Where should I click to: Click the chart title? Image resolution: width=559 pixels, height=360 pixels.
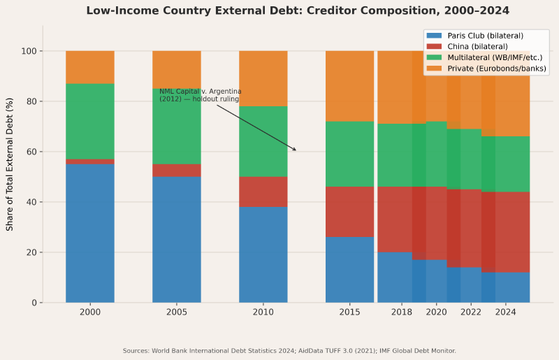(x=298, y=10)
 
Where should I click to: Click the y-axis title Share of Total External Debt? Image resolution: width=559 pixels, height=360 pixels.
(x=10, y=164)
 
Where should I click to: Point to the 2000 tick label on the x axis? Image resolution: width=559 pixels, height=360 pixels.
(x=90, y=312)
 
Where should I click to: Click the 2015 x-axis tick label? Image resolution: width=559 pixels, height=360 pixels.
(x=350, y=312)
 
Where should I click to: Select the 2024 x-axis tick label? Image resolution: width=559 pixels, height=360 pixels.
(x=505, y=312)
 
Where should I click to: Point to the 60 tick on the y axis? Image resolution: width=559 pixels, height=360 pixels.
(x=30, y=152)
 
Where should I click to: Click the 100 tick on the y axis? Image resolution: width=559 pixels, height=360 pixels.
(x=28, y=51)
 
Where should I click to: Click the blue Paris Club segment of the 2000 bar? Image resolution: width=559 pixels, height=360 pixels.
(x=90, y=233)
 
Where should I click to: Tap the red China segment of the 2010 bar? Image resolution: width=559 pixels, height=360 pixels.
(x=263, y=192)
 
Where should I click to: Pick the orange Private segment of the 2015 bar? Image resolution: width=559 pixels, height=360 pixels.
(x=350, y=86)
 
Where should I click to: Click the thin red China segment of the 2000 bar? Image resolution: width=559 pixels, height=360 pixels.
(x=90, y=161)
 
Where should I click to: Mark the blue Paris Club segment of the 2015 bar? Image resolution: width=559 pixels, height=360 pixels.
(x=350, y=270)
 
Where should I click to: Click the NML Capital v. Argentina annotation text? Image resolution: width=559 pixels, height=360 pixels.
(x=200, y=95)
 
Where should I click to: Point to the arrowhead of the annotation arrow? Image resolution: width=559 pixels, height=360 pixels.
(x=296, y=150)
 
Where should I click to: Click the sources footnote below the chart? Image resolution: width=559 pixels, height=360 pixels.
(x=289, y=351)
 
